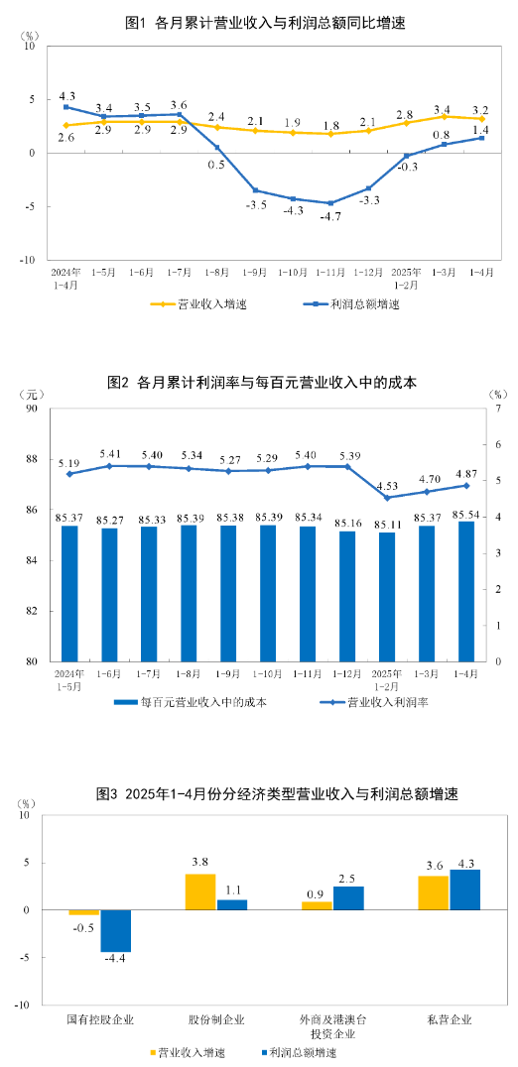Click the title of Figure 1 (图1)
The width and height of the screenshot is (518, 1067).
point(261,22)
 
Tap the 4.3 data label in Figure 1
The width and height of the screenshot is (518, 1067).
point(67,95)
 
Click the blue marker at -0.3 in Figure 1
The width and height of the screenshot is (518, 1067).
point(407,156)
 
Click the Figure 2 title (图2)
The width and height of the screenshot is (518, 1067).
point(261,382)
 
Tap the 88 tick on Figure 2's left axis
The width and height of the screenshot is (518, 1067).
point(32,459)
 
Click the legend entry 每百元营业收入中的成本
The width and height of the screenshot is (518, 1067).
point(203,701)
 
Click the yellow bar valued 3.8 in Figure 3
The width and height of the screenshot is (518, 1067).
point(200,891)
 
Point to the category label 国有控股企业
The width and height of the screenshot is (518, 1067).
point(99,1019)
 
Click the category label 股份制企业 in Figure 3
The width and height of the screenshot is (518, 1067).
point(216,1019)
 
